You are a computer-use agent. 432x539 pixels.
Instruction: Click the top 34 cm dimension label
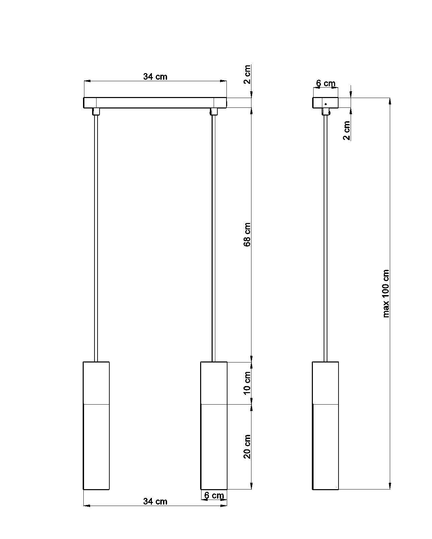click(155, 76)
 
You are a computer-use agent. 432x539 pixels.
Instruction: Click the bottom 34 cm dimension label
click(155, 501)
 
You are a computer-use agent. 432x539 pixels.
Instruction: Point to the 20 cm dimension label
click(247, 446)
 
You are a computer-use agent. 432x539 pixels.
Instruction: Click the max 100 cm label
click(386, 293)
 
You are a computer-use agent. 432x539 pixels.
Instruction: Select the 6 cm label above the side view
click(326, 83)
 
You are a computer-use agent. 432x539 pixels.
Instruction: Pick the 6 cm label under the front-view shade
click(214, 495)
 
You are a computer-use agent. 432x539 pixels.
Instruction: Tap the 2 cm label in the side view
click(347, 130)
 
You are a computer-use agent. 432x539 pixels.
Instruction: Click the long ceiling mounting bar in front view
click(155, 103)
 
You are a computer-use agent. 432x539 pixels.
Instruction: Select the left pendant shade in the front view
click(96, 425)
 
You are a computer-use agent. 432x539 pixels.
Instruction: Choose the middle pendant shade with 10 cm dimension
click(214, 425)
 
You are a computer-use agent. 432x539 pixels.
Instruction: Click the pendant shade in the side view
click(325, 425)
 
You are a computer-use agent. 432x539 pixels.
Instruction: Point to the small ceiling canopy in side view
click(325, 103)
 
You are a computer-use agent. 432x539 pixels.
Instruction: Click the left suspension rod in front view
click(96, 236)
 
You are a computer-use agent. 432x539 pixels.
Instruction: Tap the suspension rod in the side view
click(326, 236)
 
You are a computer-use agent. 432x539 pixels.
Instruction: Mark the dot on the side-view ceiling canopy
click(325, 104)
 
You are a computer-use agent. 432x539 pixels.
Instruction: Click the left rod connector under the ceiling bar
click(96, 112)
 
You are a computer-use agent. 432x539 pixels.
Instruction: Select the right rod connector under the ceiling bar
click(213, 112)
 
